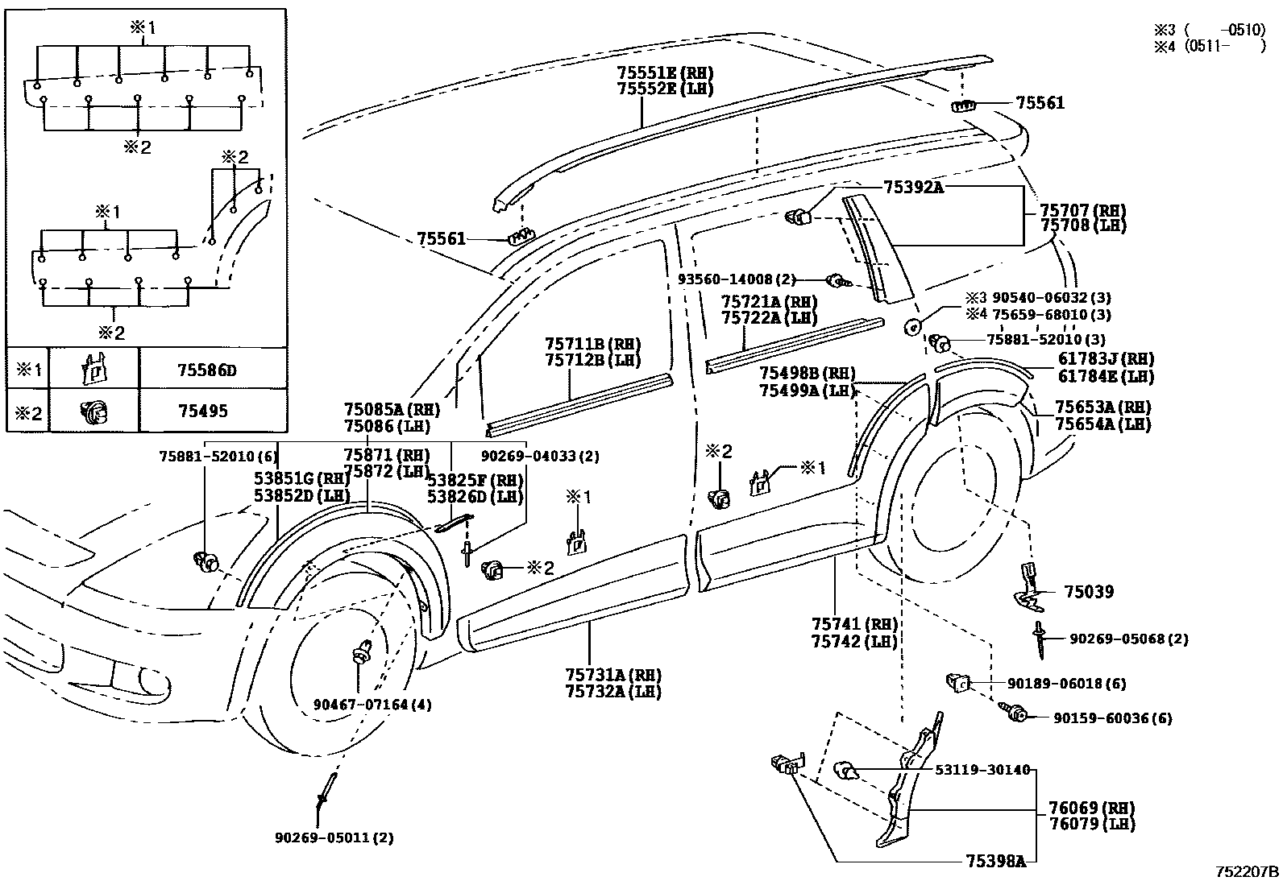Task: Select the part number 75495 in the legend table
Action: (202, 411)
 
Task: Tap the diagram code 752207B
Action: (1248, 872)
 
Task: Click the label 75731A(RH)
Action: (613, 675)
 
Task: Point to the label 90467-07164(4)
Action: (372, 705)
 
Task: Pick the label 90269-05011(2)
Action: (334, 837)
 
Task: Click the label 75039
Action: (1089, 592)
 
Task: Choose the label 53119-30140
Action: (982, 770)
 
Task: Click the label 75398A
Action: (995, 862)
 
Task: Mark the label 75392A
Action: (913, 187)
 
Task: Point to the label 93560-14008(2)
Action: (737, 279)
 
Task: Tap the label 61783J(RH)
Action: (1105, 360)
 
